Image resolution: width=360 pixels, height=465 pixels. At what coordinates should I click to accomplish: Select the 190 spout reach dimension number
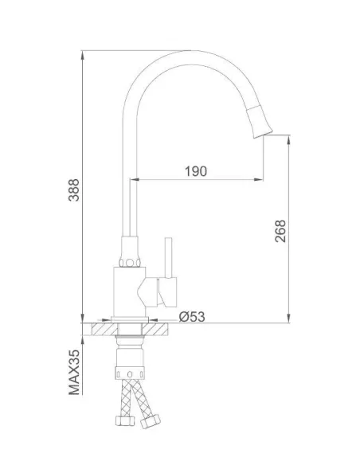coord(196,171)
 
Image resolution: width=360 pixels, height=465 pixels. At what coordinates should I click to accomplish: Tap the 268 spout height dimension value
coord(280,231)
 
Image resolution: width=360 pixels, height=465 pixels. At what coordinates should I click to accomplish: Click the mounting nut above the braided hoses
coord(129,370)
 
